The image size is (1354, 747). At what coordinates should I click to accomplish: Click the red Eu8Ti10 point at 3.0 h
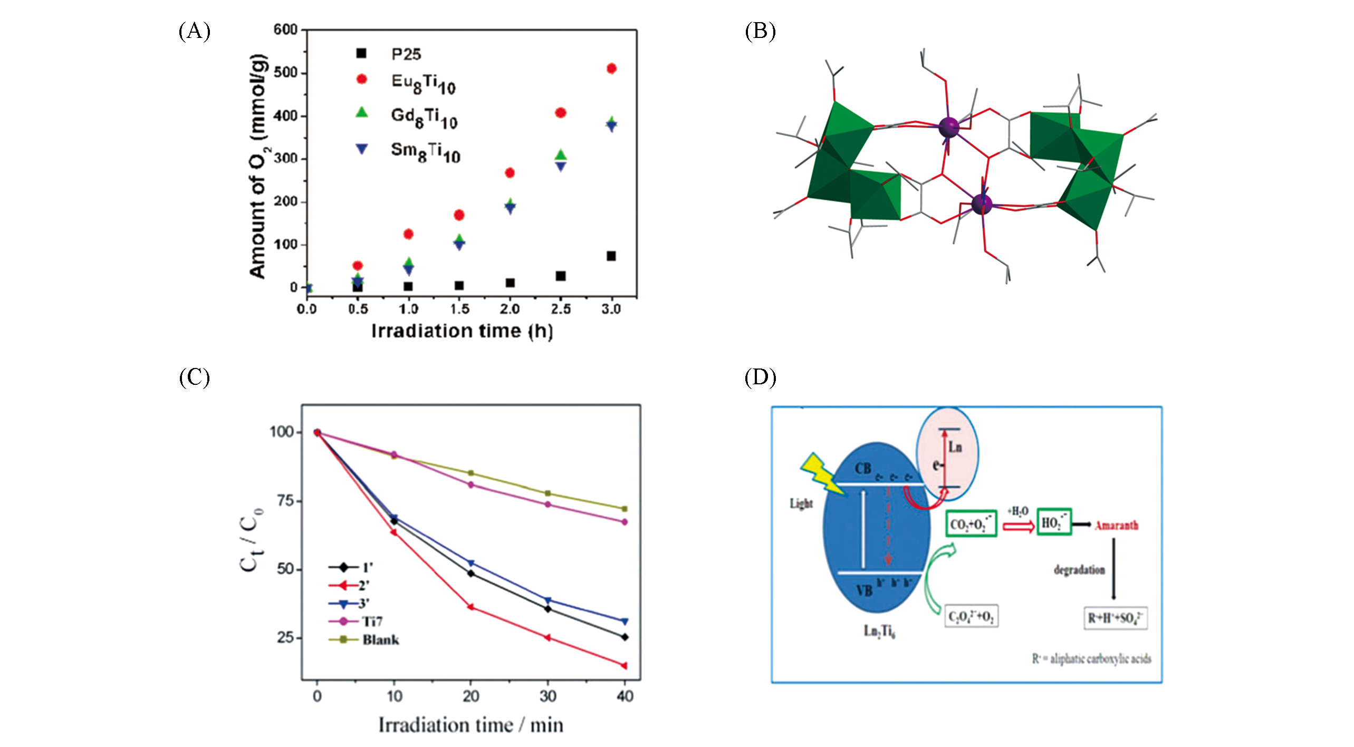pos(611,69)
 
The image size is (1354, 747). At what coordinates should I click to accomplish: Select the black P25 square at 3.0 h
pos(611,256)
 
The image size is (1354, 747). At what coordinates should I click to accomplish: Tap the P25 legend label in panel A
pos(406,54)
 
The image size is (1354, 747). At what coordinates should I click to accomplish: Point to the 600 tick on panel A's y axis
pos(285,30)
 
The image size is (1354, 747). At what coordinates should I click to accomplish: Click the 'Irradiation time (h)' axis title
pos(462,331)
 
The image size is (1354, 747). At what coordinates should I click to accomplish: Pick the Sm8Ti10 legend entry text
pos(425,152)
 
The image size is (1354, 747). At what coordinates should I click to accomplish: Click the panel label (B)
pos(760,31)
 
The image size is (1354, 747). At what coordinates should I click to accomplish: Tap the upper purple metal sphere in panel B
pos(948,127)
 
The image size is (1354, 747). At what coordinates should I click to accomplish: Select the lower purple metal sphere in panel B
pos(982,203)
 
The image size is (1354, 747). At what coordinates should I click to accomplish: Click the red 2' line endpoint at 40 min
pos(625,666)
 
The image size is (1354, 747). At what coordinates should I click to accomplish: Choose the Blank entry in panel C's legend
pos(380,639)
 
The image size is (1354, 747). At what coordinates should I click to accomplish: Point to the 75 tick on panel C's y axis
pos(285,501)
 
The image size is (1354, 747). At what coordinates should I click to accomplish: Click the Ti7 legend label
pos(372,622)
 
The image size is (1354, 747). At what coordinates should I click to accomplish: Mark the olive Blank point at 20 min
pos(471,473)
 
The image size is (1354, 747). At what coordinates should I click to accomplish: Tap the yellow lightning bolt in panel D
pos(822,474)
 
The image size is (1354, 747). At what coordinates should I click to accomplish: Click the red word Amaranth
pos(1116,525)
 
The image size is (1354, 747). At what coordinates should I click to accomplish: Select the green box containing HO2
pos(1054,522)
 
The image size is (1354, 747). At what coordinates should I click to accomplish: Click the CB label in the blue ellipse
pos(863,468)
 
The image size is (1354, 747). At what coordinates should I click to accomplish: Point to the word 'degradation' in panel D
pos(1079,570)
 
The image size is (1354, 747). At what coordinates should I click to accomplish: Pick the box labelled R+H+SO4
pos(1115,618)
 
